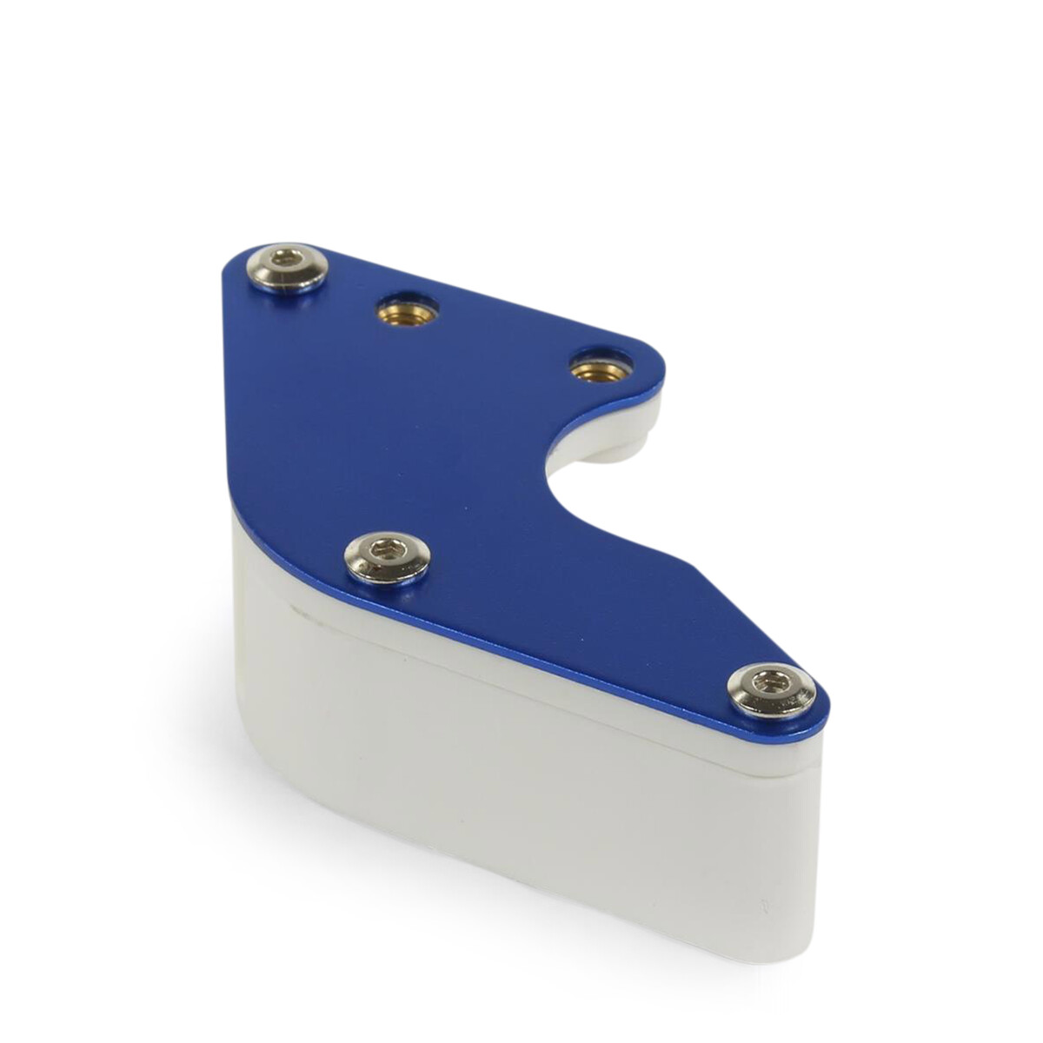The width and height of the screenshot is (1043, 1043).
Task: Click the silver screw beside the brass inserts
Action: click(x=287, y=268)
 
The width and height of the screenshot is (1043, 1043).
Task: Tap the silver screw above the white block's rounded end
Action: click(x=388, y=557)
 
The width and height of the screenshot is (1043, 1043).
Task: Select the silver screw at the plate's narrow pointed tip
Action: click(x=771, y=690)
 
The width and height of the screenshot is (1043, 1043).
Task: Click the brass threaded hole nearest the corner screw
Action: click(x=407, y=309)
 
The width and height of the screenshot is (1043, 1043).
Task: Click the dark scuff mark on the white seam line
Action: click(x=304, y=613)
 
